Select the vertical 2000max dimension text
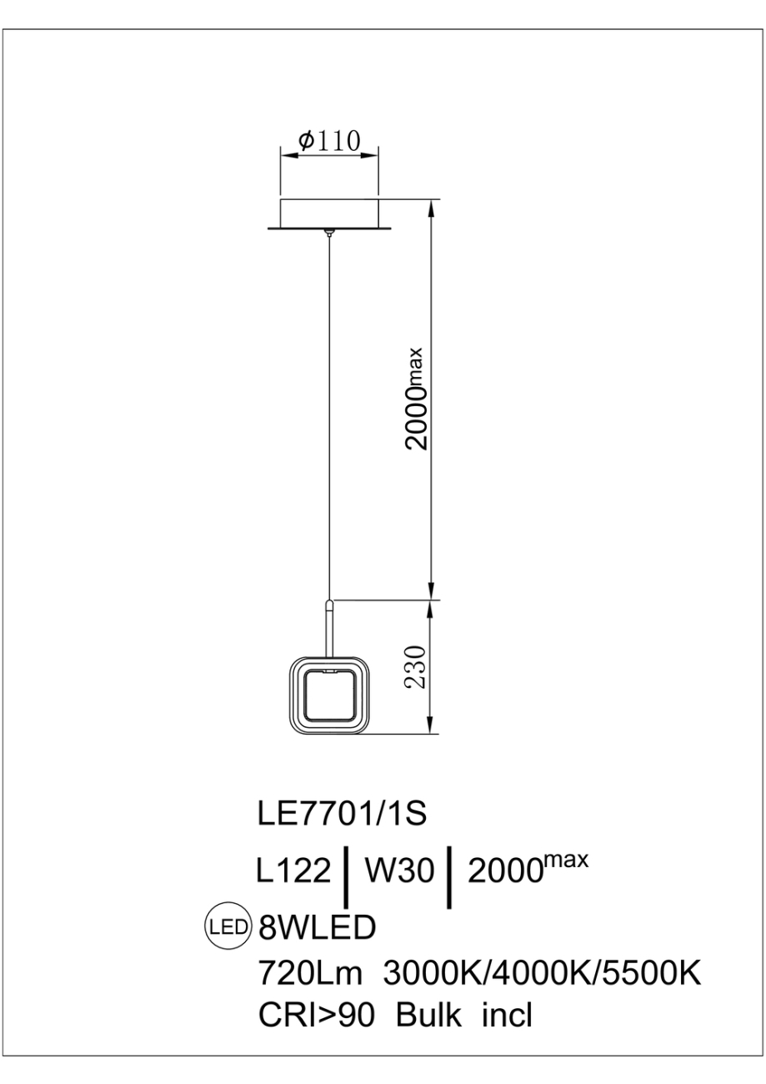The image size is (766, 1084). point(415,399)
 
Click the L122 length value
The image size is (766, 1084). point(293,871)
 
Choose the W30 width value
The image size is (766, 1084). point(400,871)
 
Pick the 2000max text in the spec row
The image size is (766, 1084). point(528,870)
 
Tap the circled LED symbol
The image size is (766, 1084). point(228,926)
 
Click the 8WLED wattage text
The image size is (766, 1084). point(318,926)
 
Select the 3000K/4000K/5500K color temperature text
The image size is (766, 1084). point(542,971)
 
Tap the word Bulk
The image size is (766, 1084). point(428,1016)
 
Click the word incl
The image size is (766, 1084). point(506,1016)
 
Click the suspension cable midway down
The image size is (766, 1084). point(330,417)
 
